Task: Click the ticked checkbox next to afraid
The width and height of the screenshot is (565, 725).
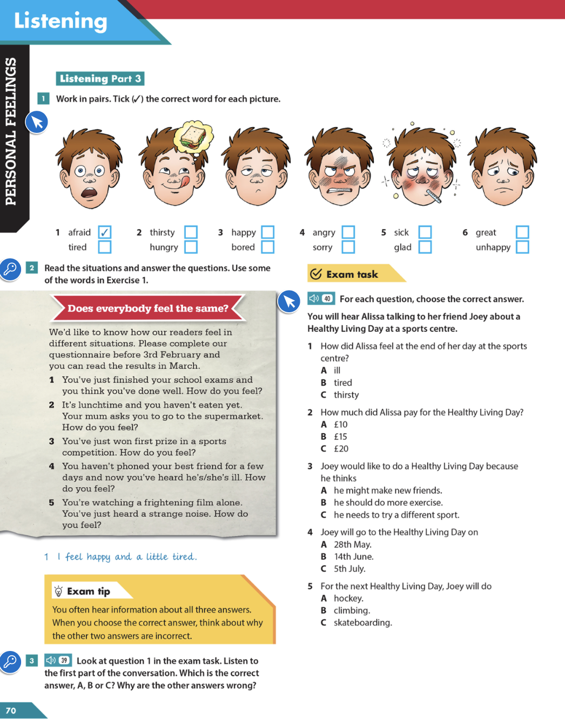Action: (105, 232)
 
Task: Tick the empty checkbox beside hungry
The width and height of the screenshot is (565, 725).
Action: (191, 247)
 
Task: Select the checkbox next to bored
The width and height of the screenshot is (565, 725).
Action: (267, 247)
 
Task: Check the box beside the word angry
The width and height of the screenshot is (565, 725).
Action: (348, 232)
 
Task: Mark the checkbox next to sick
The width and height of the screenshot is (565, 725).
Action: (425, 232)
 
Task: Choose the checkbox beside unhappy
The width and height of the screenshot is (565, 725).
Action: (522, 247)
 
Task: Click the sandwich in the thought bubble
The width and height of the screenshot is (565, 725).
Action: (193, 137)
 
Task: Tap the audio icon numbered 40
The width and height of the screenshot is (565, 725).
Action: (321, 298)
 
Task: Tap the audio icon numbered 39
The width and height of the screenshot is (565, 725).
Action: (58, 660)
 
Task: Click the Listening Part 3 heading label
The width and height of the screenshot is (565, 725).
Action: (100, 78)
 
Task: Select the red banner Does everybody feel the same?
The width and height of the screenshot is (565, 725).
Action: (147, 308)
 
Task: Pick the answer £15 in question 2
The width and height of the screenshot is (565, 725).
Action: (340, 437)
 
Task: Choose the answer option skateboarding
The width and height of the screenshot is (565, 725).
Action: (362, 622)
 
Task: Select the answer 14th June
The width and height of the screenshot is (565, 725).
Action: (353, 556)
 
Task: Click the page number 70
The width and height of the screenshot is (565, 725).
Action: (11, 710)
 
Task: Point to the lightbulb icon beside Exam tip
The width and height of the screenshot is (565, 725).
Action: (58, 591)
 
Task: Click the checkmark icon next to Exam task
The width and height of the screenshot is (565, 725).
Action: (316, 274)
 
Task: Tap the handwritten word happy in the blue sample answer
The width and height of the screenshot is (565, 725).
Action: (98, 556)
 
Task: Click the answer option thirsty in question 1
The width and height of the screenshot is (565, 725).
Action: (346, 395)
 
